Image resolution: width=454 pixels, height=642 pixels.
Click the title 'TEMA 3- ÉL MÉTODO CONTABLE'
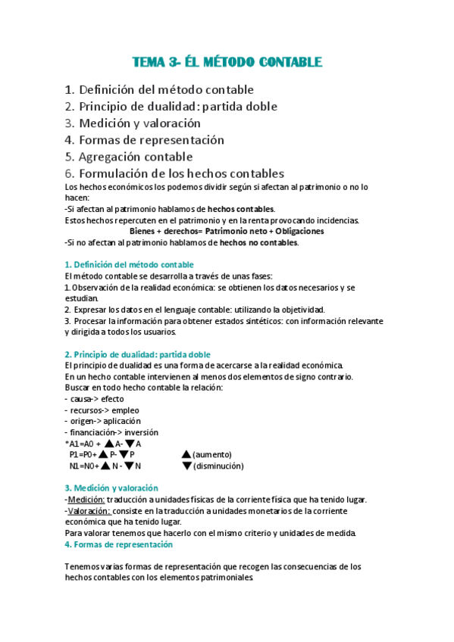[x=227, y=61]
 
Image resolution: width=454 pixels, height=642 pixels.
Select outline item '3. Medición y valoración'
[x=133, y=123]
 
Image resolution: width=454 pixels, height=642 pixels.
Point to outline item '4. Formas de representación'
[x=144, y=140]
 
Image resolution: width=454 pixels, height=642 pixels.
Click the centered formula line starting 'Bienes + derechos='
[x=227, y=231]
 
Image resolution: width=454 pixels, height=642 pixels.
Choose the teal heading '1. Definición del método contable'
[x=129, y=264]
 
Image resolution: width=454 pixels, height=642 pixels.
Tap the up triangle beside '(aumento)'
[x=187, y=454]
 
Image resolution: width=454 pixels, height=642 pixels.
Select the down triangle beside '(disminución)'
[x=187, y=466]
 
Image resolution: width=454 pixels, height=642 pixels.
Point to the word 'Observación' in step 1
[x=98, y=288]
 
